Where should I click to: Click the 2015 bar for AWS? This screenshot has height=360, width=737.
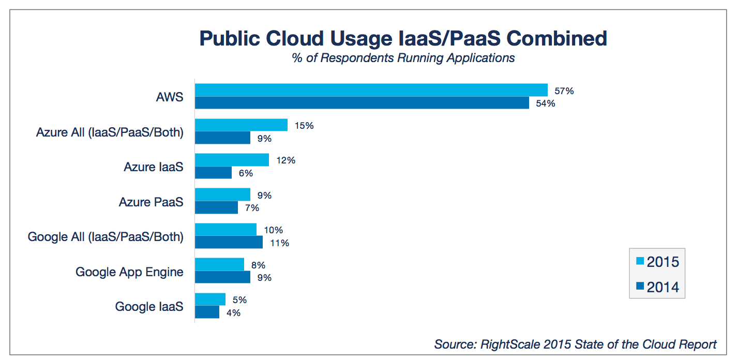click(x=371, y=90)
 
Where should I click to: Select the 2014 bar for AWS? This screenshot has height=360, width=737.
click(x=362, y=103)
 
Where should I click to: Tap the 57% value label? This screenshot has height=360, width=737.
click(x=564, y=91)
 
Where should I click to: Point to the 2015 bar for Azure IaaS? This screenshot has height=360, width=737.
click(x=232, y=160)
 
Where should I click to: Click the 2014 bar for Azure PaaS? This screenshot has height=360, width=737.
click(x=216, y=207)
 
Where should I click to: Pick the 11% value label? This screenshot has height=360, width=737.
click(x=279, y=243)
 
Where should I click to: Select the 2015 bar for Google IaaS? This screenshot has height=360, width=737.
click(x=210, y=299)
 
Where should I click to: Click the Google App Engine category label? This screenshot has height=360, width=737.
click(x=129, y=272)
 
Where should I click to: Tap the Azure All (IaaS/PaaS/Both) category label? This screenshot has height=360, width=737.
click(x=110, y=132)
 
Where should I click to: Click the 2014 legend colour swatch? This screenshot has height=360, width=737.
click(x=640, y=287)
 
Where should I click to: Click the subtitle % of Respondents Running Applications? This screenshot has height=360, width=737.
click(x=403, y=58)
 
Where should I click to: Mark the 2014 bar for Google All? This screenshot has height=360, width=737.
click(x=229, y=242)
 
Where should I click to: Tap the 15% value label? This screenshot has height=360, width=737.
click(x=303, y=126)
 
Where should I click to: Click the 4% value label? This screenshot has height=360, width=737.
click(x=232, y=312)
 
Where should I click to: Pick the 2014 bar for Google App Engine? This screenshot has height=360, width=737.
click(x=222, y=277)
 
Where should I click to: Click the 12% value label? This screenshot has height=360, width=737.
click(x=285, y=160)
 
